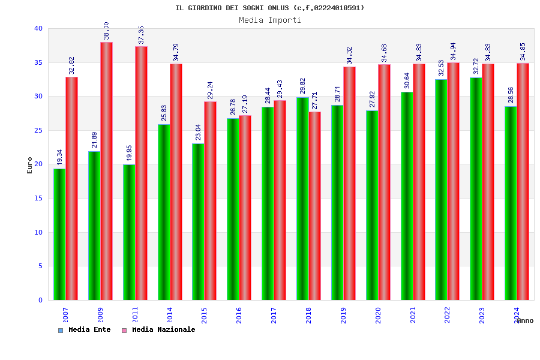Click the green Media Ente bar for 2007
[x=59, y=234]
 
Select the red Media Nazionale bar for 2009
[x=106, y=171]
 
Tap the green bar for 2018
[x=302, y=199]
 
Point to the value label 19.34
[x=60, y=157]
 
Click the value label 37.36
[x=142, y=35]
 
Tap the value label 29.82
[x=302, y=86]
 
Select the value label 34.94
[x=454, y=51]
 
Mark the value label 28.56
[x=511, y=95]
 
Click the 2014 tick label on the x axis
[x=170, y=315]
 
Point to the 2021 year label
[x=413, y=315]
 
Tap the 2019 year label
[x=343, y=315]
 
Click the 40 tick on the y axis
[x=38, y=28]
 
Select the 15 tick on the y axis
[x=38, y=198]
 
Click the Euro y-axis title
[x=30, y=165]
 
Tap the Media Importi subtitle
[x=270, y=20]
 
